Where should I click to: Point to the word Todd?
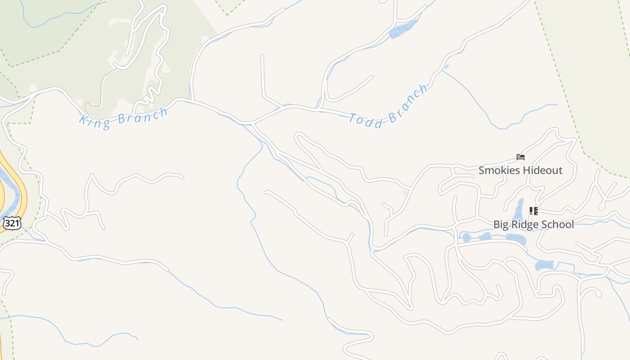click(x=366, y=121)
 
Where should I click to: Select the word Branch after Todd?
click(x=408, y=103)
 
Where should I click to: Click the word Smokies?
click(x=498, y=171)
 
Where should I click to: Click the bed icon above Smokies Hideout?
click(x=521, y=157)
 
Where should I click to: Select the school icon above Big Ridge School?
click(x=533, y=211)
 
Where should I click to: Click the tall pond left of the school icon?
click(x=519, y=210)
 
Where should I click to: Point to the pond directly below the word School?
click(x=544, y=265)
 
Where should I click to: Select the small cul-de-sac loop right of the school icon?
click(x=601, y=206)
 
